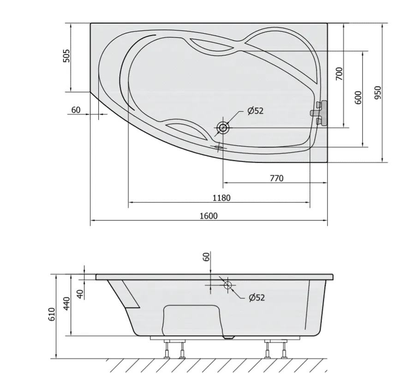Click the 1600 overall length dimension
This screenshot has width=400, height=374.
click(x=209, y=216)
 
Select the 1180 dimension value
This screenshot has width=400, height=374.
click(x=221, y=198)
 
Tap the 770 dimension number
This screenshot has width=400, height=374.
click(x=276, y=178)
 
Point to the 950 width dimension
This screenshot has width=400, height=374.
click(x=378, y=93)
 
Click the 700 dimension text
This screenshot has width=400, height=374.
click(x=339, y=74)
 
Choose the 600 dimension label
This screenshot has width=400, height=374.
click(x=358, y=97)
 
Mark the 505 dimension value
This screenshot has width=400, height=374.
click(x=66, y=56)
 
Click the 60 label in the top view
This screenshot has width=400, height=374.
click(x=76, y=110)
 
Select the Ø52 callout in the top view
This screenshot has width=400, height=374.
click(x=255, y=111)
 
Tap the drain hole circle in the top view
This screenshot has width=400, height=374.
click(x=223, y=127)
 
